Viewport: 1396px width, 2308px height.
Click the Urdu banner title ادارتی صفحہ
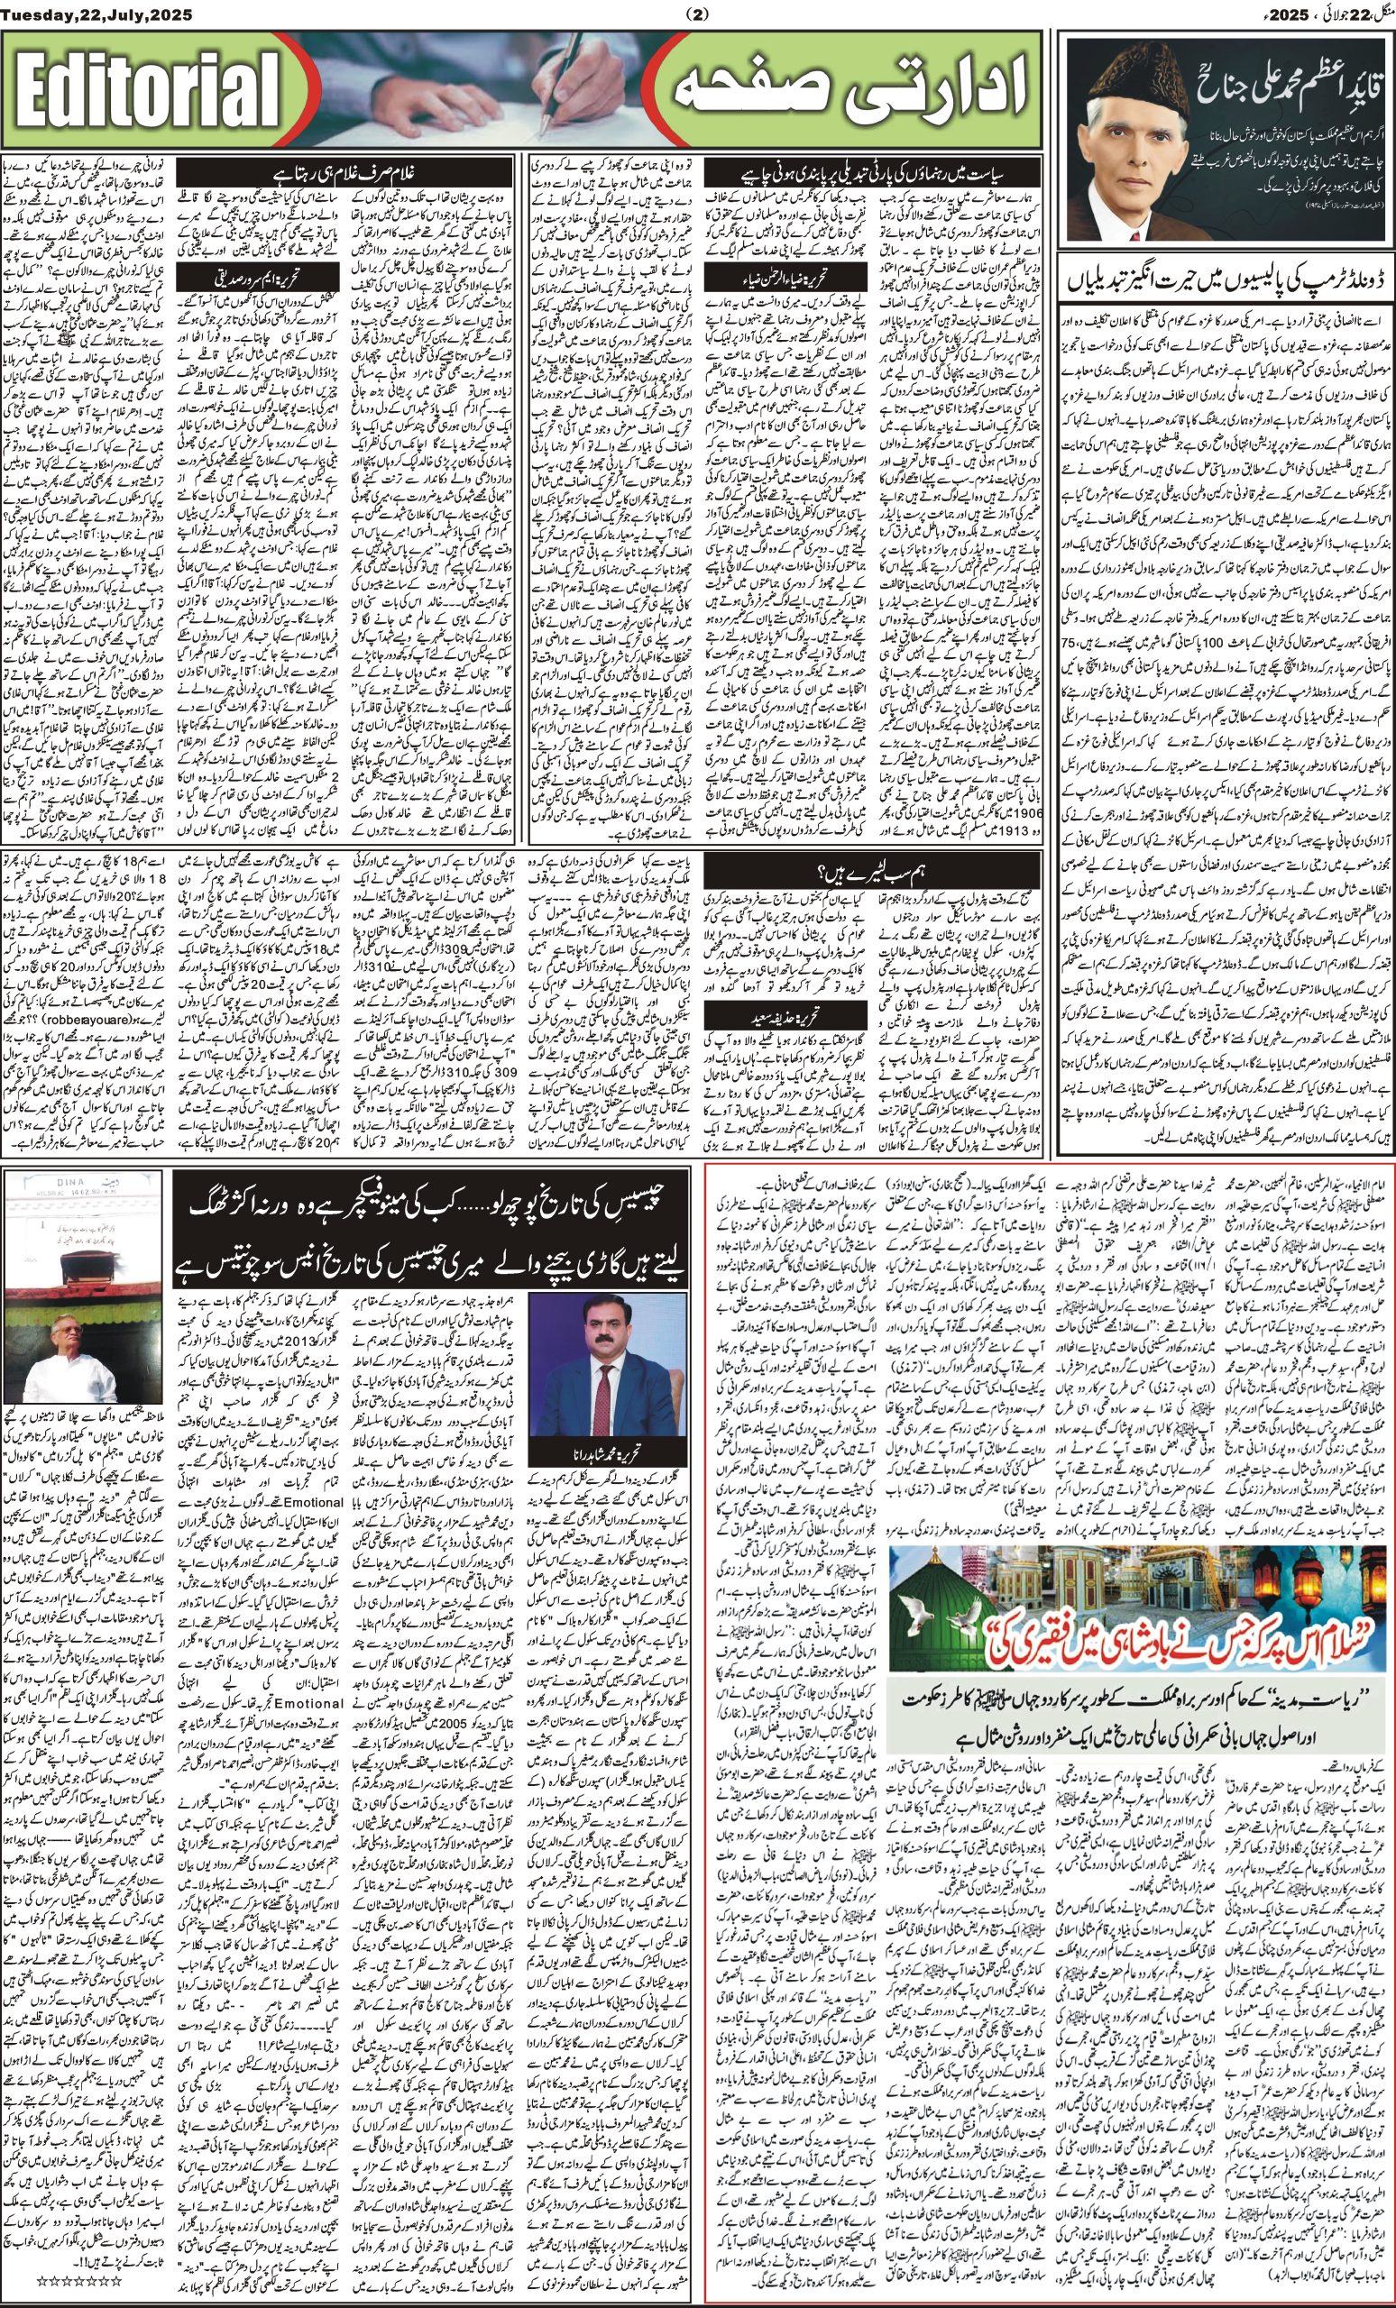coord(847,92)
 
